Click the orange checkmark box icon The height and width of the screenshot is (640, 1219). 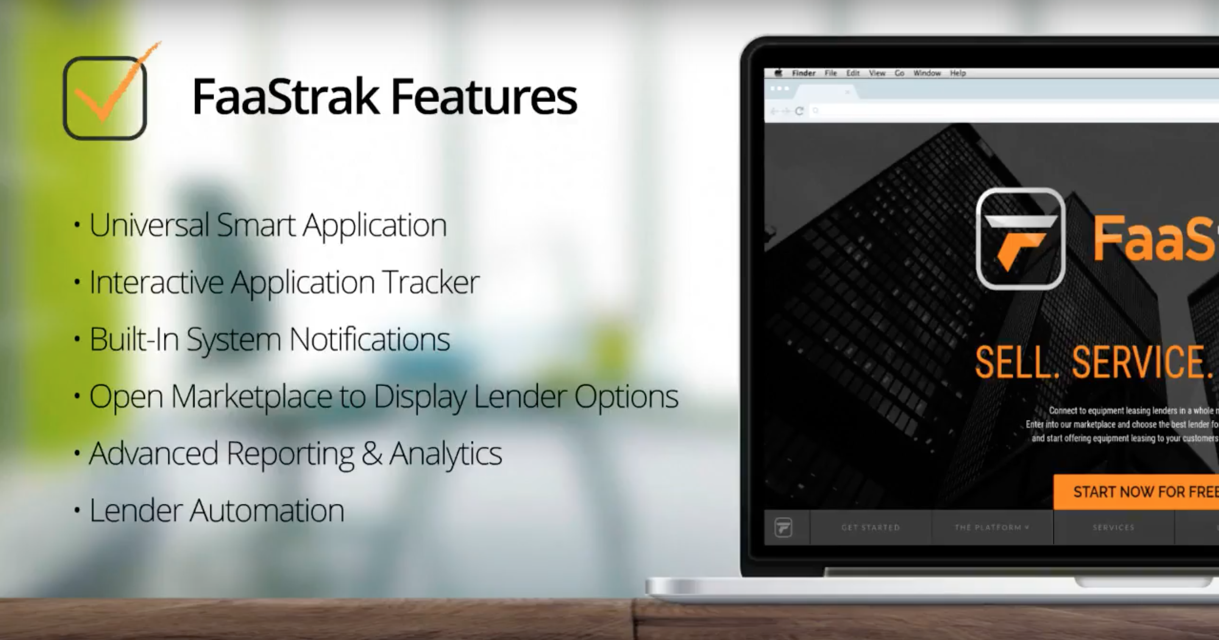pyautogui.click(x=105, y=97)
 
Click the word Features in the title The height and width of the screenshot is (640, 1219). pyautogui.click(x=484, y=97)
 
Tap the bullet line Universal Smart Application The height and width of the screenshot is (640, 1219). pyautogui.click(x=267, y=225)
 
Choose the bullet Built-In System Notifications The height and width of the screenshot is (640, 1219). pyautogui.click(x=269, y=339)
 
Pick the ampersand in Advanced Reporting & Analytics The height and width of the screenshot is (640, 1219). pyautogui.click(x=371, y=454)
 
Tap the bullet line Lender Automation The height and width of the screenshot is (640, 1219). pyautogui.click(x=216, y=511)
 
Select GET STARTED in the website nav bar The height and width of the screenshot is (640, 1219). pyautogui.click(x=870, y=527)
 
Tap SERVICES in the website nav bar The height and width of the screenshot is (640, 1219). pyautogui.click(x=1113, y=527)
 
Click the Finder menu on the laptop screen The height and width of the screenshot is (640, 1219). pyautogui.click(x=804, y=73)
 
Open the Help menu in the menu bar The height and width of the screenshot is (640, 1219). pyautogui.click(x=958, y=73)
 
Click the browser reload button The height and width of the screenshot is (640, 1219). pyautogui.click(x=799, y=111)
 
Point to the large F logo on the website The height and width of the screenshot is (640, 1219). pyautogui.click(x=1020, y=239)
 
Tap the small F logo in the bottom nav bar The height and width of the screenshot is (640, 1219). pyautogui.click(x=783, y=527)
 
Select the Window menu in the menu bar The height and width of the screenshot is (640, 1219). pyautogui.click(x=927, y=73)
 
